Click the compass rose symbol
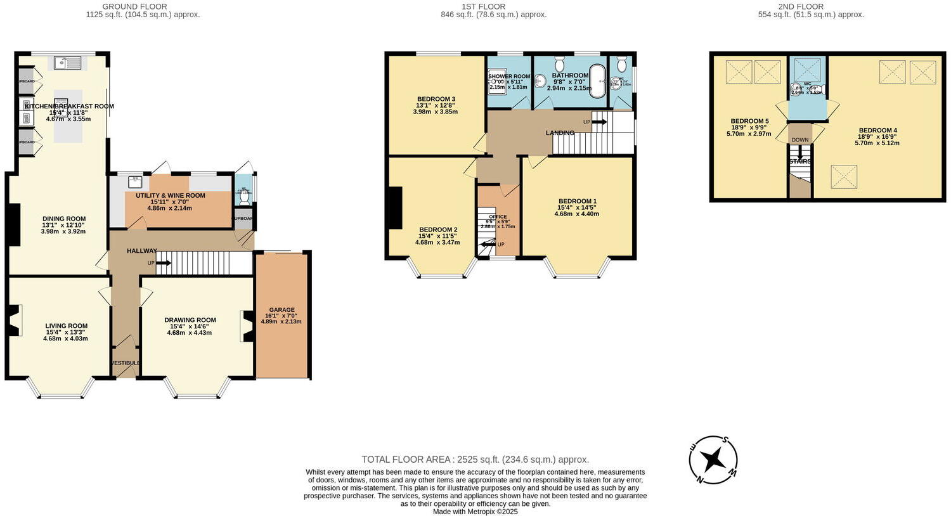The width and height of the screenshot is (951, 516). click(713, 459)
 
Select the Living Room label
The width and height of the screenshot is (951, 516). click(67, 326)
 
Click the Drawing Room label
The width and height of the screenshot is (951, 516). click(190, 320)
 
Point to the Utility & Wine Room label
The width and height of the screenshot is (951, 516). click(170, 195)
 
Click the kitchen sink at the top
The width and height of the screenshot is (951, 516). click(67, 62)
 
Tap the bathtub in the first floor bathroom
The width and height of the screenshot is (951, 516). click(597, 81)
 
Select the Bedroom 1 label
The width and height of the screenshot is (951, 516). click(577, 201)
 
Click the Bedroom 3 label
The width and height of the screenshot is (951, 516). click(436, 99)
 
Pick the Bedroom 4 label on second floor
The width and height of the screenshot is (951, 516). click(877, 131)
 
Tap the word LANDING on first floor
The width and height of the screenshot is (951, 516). click(560, 133)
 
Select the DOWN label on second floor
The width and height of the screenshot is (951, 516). click(799, 140)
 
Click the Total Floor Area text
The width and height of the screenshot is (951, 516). click(475, 460)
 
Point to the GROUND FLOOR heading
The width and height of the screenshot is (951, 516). click(143, 7)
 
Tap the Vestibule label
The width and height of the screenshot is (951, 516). click(126, 363)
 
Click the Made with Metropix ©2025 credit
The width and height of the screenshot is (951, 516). click(475, 512)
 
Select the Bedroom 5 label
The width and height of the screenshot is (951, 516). click(749, 121)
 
